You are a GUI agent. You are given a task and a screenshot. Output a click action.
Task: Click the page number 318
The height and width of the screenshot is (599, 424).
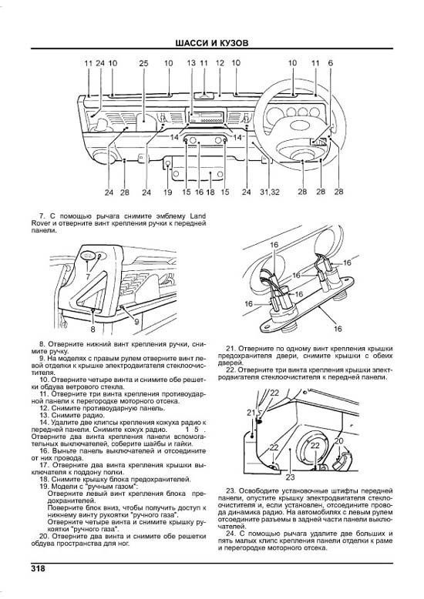[38, 568]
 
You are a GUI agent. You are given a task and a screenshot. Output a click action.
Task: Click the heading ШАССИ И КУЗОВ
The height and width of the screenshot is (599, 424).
[212, 43]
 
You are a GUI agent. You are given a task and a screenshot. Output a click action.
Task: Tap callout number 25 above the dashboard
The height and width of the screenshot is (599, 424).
[143, 63]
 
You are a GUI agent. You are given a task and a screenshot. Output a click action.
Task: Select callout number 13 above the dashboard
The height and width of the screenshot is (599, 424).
[191, 63]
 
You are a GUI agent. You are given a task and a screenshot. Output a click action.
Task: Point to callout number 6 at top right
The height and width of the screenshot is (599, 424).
[330, 63]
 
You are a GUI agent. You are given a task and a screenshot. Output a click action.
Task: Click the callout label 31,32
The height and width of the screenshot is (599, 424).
[269, 192]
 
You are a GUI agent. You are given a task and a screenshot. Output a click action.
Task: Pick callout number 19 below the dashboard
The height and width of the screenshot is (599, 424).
[167, 192]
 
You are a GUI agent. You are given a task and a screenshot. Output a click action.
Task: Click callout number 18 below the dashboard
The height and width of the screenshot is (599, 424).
[210, 192]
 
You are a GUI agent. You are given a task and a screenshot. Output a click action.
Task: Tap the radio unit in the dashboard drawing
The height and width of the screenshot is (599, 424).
[207, 117]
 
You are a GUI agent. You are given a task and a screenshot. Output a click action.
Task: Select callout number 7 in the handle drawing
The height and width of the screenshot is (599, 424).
[88, 276]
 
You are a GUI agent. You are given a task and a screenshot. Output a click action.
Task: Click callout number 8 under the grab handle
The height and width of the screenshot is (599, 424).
[93, 329]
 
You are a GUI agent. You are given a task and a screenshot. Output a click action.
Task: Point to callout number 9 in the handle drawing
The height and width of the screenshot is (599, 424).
[136, 322]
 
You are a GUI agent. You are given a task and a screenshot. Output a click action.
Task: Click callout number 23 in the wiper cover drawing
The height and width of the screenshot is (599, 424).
[290, 477]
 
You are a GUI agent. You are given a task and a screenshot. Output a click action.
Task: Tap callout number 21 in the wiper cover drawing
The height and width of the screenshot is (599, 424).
[251, 413]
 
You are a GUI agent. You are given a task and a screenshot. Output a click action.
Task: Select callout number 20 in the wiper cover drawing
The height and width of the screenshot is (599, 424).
[338, 441]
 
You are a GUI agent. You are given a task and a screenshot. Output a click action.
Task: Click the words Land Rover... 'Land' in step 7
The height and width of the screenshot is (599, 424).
[198, 216]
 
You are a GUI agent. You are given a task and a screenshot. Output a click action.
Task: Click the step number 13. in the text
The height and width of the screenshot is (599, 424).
[45, 415]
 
